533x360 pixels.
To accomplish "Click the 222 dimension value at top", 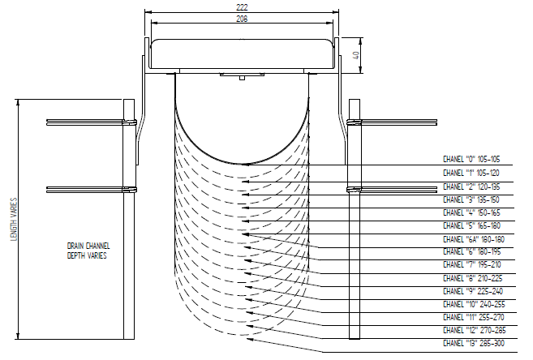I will point(242,6).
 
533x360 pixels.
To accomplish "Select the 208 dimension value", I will point(242,18).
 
